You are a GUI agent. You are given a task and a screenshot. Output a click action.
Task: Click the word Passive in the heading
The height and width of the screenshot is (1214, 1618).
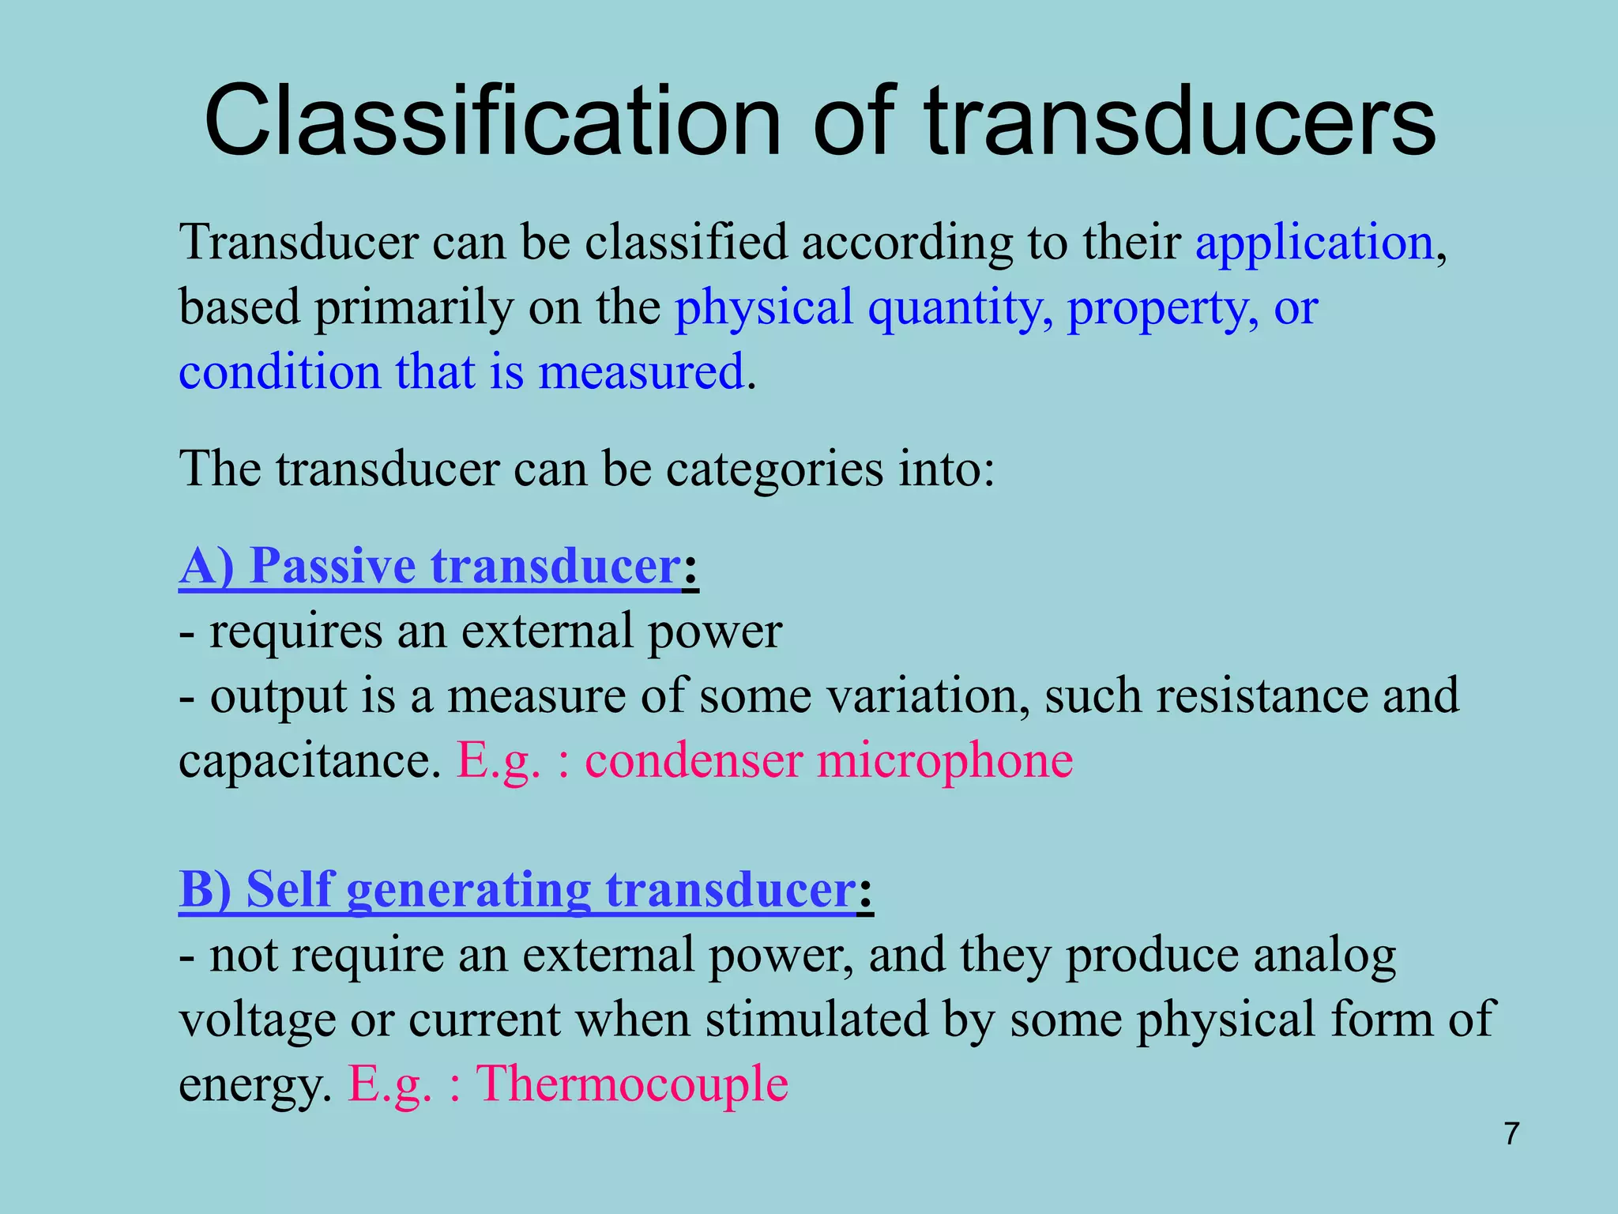point(332,566)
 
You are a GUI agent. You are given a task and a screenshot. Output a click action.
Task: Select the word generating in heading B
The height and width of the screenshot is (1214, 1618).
point(468,891)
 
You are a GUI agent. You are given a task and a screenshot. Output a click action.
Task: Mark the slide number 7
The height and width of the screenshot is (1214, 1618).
point(1511,1133)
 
